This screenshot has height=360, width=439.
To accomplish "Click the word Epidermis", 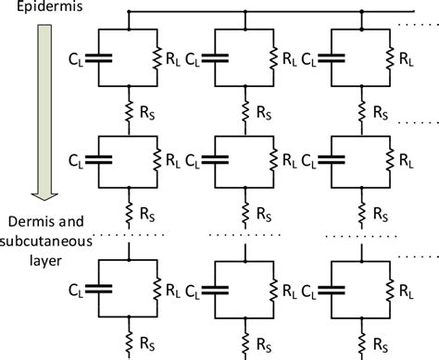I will click(x=34, y=12).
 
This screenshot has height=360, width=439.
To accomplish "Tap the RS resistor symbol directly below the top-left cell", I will click(x=129, y=110).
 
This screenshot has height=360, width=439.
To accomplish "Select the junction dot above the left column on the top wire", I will click(x=129, y=12).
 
